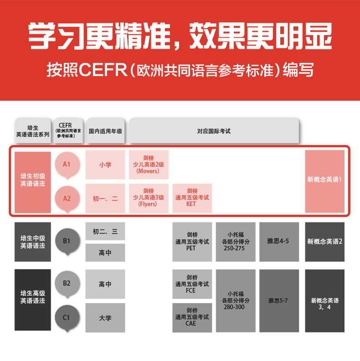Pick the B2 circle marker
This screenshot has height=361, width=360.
point(67,283)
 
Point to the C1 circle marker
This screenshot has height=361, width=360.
point(67,317)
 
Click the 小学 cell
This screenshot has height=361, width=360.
point(105,165)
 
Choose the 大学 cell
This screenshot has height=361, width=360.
point(105,317)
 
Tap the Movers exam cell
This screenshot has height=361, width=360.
point(149,165)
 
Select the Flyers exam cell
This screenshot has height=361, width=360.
point(149,198)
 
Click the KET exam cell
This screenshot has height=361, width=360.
point(192,198)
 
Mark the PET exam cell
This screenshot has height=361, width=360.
point(192,242)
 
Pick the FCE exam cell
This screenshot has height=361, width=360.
point(192,284)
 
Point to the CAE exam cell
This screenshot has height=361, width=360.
point(192,317)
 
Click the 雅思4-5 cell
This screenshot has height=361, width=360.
point(279,242)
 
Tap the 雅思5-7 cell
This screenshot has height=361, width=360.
point(279,301)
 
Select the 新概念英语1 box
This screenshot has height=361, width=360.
point(324,181)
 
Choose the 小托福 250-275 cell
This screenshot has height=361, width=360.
point(236,242)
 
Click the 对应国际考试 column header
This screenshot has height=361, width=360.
point(214,131)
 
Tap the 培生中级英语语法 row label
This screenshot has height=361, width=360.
point(33,242)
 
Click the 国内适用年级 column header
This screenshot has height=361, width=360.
point(105,131)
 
